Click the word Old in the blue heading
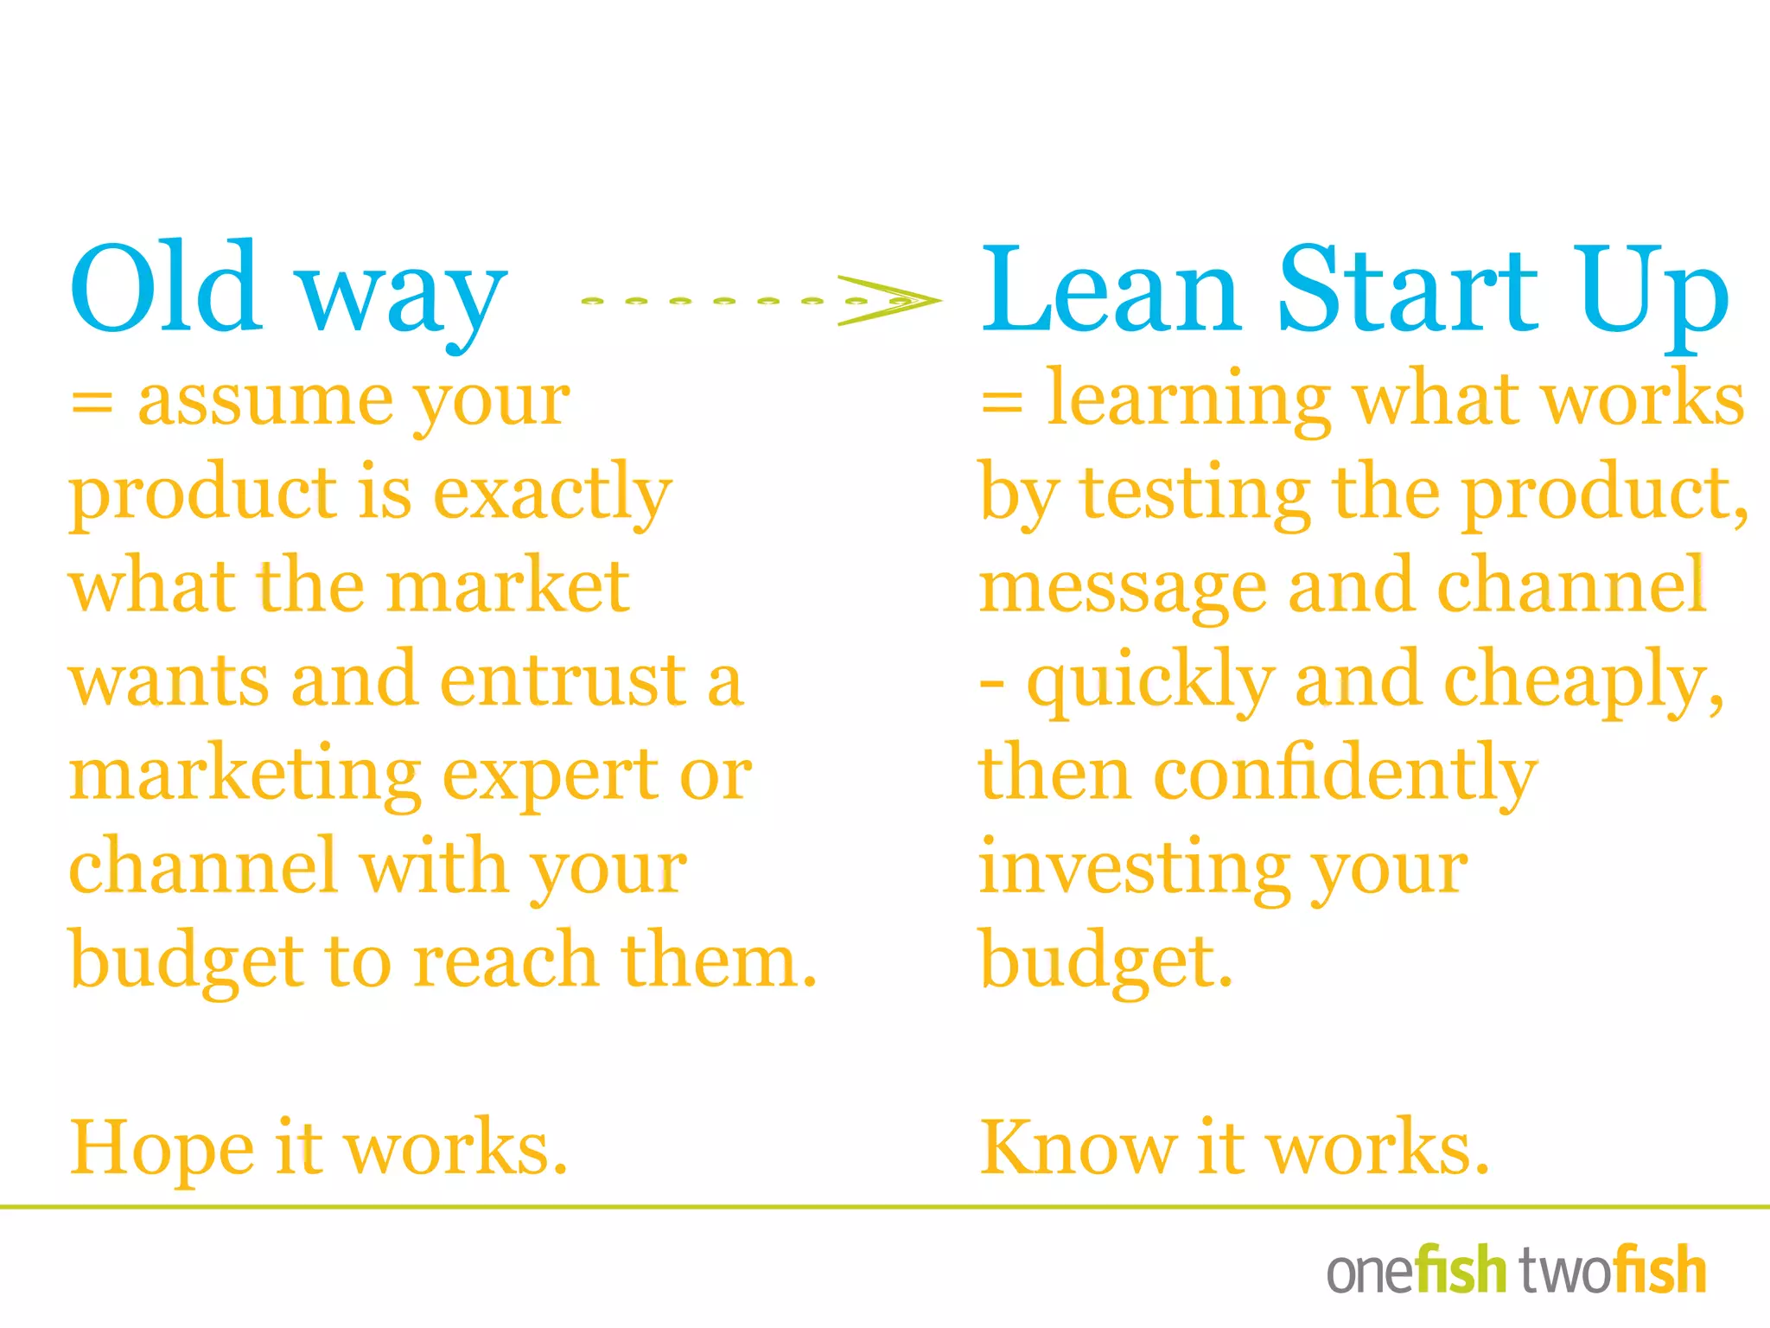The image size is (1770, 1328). [165, 287]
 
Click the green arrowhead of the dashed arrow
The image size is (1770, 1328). [890, 301]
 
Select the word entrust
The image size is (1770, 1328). [563, 680]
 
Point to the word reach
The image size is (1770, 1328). [506, 961]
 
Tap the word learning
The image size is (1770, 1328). [1189, 401]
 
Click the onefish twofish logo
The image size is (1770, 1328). [1516, 1270]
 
